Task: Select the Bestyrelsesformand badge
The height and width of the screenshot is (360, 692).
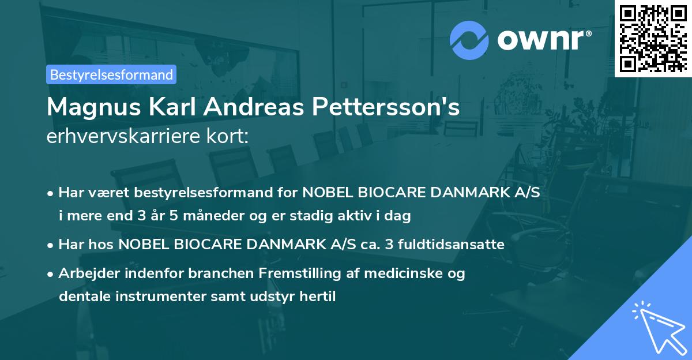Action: (x=111, y=74)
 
